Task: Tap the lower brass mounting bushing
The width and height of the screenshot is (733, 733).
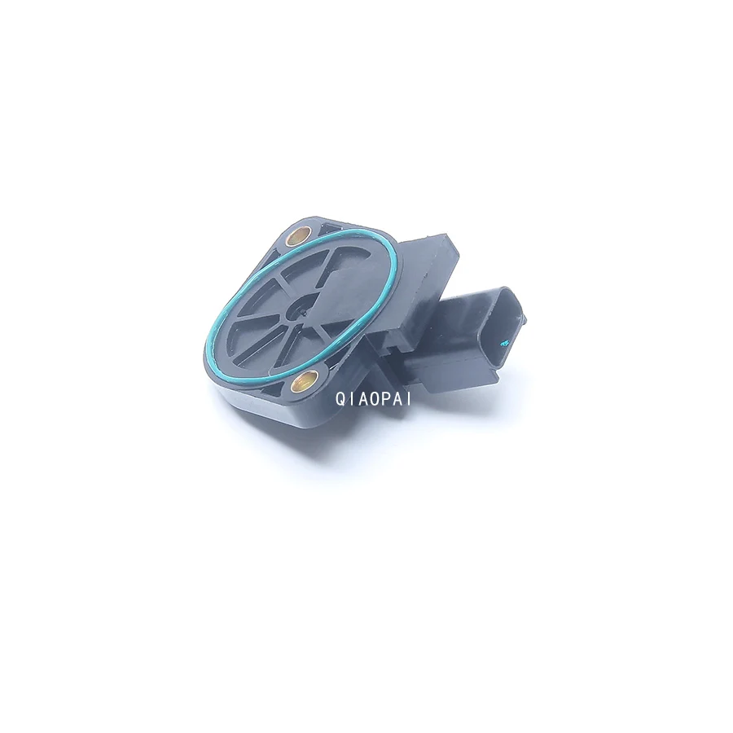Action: [x=302, y=384]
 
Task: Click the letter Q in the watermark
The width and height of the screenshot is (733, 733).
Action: [x=340, y=399]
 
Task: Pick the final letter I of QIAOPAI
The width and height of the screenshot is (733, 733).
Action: [x=409, y=399]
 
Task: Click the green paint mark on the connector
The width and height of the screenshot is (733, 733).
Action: [x=503, y=344]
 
